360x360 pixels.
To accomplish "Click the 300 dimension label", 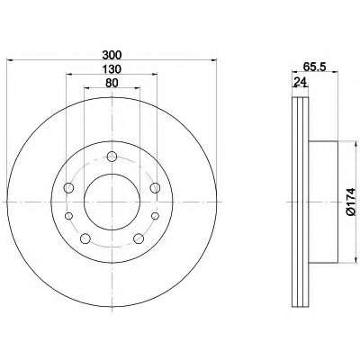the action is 112,55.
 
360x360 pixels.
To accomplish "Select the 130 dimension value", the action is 112,69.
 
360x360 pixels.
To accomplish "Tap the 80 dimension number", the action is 112,83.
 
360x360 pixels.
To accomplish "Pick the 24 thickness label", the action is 301,81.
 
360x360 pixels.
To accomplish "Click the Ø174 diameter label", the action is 350,202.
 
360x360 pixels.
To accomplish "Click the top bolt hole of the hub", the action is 112,157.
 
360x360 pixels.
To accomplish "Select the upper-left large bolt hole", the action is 69,188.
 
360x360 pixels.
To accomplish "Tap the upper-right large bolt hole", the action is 155,188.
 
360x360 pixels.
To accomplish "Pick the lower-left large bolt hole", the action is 85,238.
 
